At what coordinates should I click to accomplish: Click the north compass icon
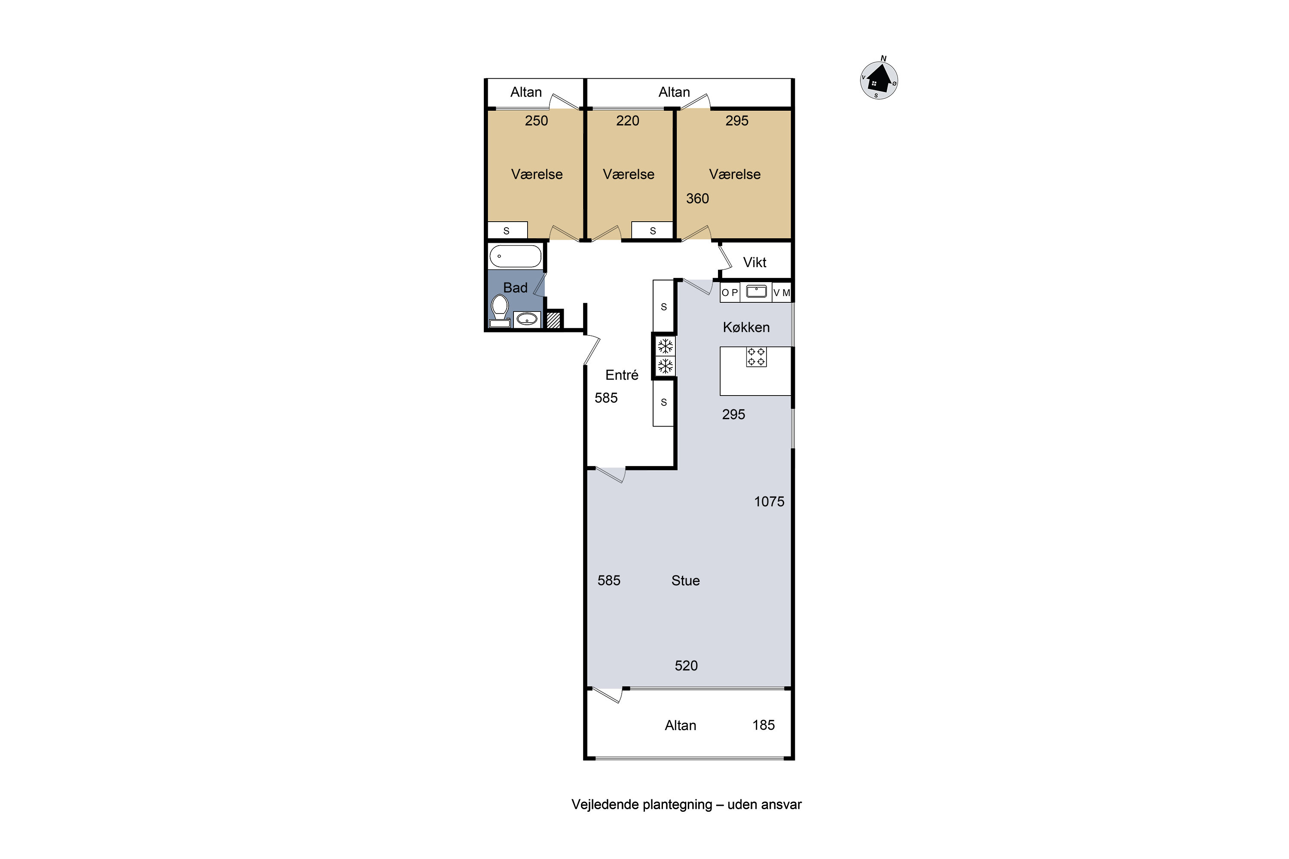click(x=879, y=80)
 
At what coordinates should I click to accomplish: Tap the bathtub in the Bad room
click(x=515, y=256)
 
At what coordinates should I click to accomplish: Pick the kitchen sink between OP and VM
click(x=756, y=292)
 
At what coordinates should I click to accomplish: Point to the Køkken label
click(x=746, y=327)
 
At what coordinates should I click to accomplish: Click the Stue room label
click(x=686, y=581)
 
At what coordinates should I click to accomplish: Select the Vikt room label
click(x=754, y=262)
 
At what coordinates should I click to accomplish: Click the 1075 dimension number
click(x=769, y=501)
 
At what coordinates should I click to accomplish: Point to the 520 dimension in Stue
click(x=686, y=666)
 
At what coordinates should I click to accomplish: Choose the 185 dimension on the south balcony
click(x=764, y=725)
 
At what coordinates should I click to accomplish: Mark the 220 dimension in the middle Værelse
click(x=627, y=121)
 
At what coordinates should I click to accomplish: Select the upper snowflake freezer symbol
click(x=665, y=346)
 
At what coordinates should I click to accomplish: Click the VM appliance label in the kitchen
click(x=782, y=292)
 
